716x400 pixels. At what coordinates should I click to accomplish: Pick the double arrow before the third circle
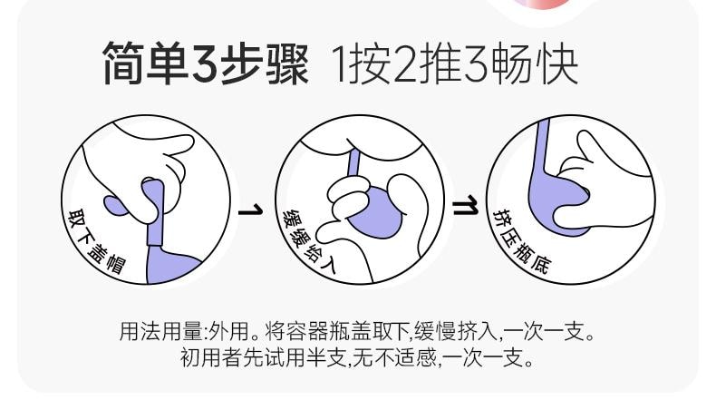(463, 210)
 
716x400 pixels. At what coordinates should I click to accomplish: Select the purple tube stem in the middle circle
(353, 163)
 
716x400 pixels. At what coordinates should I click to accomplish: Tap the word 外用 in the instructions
(224, 331)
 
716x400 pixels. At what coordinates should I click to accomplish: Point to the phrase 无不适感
(395, 358)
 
